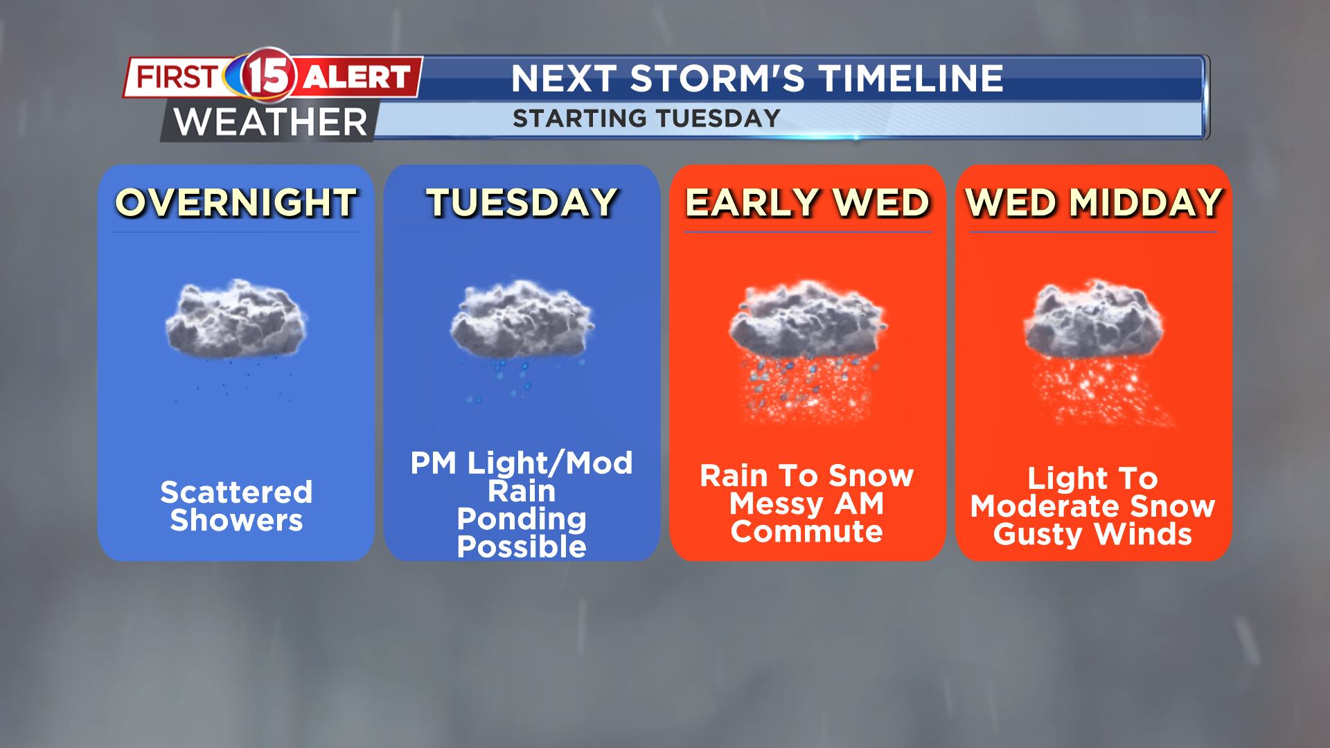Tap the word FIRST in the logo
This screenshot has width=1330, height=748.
[177, 76]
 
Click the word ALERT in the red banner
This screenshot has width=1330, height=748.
[357, 77]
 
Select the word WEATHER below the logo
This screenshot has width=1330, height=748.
[270, 123]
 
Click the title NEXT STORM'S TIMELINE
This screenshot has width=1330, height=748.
[756, 78]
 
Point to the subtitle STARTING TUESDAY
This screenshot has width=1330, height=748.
[646, 118]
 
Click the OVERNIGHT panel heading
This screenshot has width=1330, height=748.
[236, 202]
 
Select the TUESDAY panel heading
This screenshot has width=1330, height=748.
[522, 202]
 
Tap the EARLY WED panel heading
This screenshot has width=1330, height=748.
[807, 202]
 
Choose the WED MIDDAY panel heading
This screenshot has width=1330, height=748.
[1093, 202]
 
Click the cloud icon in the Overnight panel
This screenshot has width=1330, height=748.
[236, 326]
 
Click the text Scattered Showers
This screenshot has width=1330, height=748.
[236, 506]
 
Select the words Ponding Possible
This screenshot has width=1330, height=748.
[522, 533]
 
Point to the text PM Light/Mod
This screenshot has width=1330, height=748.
[522, 463]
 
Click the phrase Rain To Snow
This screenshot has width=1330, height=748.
[807, 476]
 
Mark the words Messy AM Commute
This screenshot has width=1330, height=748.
[807, 518]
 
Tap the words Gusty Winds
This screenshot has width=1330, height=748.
[1092, 535]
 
